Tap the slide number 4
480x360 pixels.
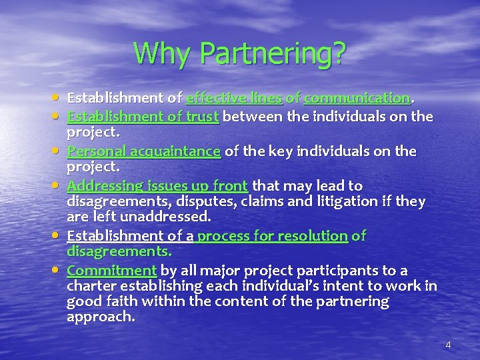pos(448,344)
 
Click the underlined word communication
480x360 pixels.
pos(357,98)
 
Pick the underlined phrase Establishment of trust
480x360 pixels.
pos(143,117)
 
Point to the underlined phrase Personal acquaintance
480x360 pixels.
pos(144,151)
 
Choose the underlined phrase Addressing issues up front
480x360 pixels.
pos(157,186)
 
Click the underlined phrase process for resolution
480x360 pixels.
pos(272,235)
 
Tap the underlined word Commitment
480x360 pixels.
pos(112,270)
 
